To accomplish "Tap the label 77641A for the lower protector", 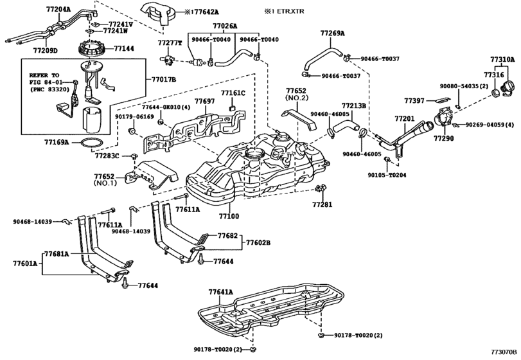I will click(x=221, y=291).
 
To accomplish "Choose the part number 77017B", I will click(x=164, y=79).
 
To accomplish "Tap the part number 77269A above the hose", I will click(x=333, y=32).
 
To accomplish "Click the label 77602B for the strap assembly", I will click(x=259, y=243).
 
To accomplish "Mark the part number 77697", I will click(x=204, y=102).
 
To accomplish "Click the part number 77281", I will click(x=324, y=204).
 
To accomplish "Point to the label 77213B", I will click(x=353, y=105).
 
